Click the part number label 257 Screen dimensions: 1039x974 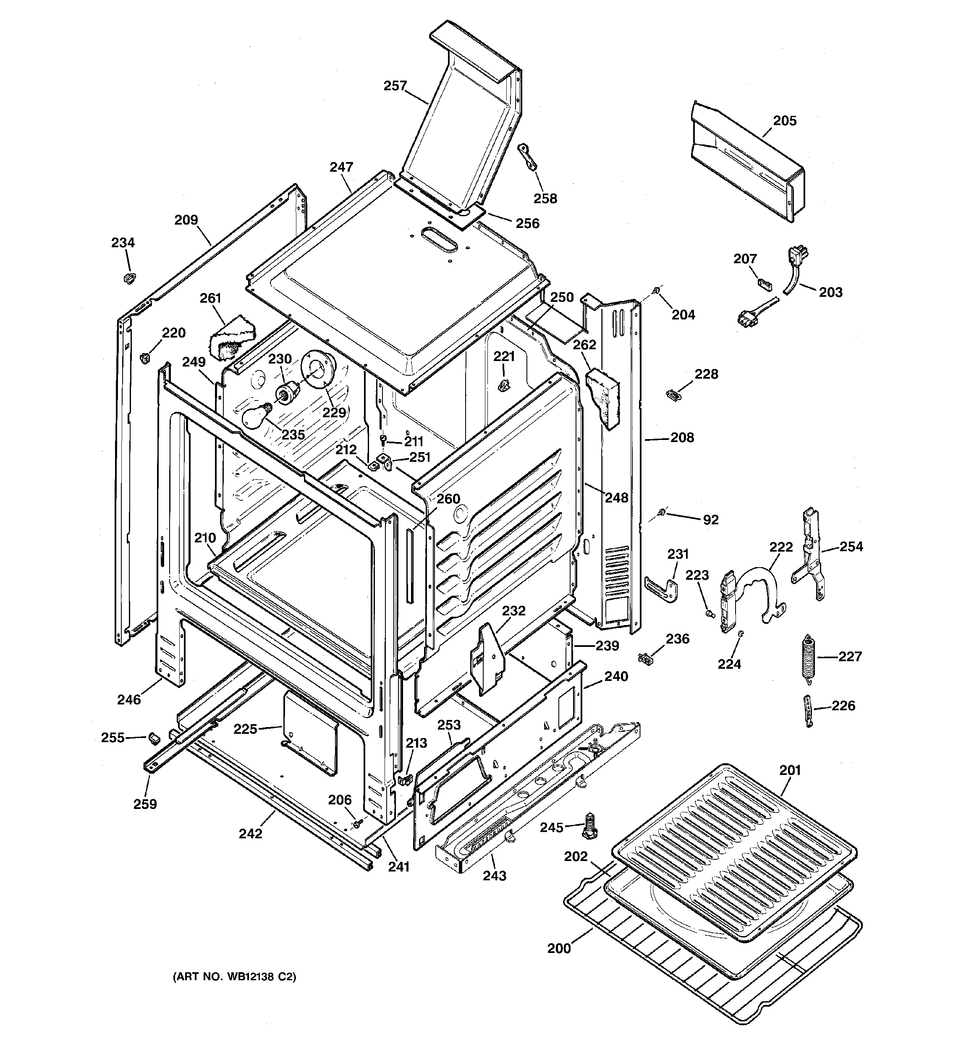[x=395, y=86]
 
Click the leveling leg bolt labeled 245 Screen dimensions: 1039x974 [x=590, y=826]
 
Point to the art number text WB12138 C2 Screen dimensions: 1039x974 [x=234, y=976]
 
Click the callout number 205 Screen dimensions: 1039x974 [x=785, y=121]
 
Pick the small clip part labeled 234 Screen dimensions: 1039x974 [x=128, y=277]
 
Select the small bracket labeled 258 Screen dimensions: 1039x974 [x=528, y=158]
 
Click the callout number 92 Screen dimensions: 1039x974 [x=710, y=520]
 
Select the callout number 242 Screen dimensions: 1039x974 [x=251, y=834]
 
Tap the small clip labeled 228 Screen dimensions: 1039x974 [x=674, y=394]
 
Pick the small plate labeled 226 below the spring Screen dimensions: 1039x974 [x=809, y=711]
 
